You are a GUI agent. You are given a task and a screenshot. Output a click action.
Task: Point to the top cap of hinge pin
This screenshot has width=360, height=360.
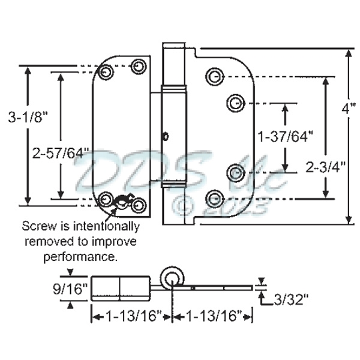click(x=175, y=46)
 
